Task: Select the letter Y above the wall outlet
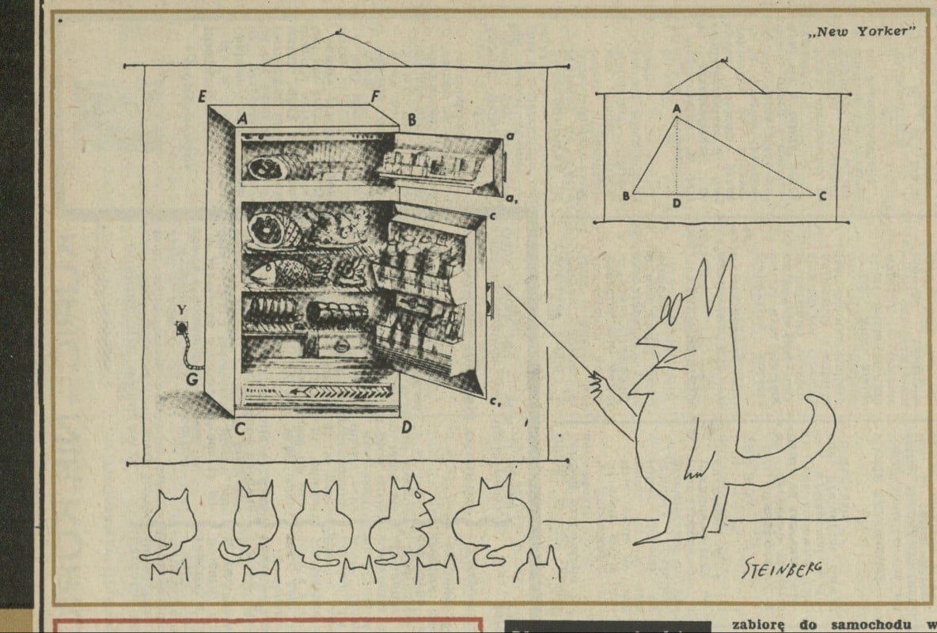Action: pos(183,309)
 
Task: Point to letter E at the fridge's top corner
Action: pos(203,97)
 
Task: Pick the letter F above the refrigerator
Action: pos(375,97)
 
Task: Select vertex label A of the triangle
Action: pos(677,107)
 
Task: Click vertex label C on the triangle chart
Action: pos(823,195)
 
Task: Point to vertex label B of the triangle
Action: pos(625,195)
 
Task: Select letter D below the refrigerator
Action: pos(406,428)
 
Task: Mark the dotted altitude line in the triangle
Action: pos(677,158)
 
